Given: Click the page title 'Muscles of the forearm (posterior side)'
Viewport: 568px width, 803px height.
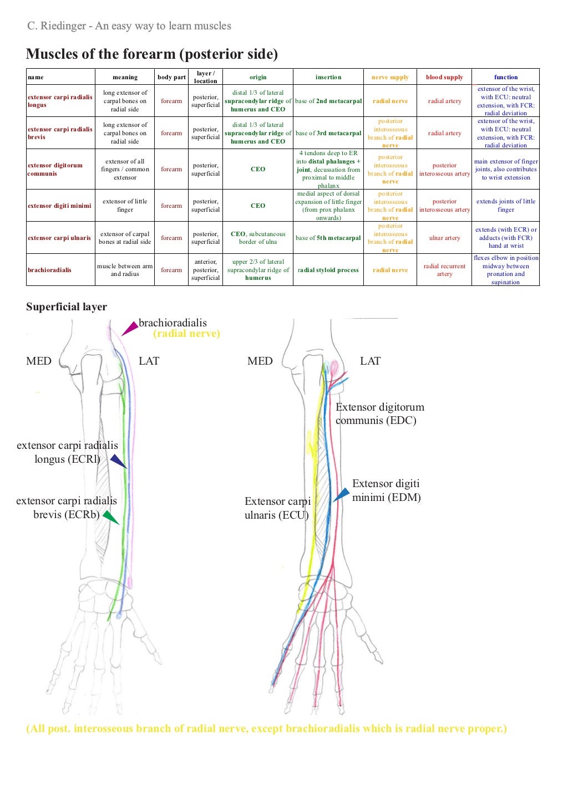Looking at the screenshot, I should click(151, 54).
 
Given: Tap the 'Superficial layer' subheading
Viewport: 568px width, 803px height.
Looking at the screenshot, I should click(67, 307).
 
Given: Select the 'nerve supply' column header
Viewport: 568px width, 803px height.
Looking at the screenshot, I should click(390, 77).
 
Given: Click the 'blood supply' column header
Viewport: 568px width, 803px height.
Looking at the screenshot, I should click(444, 77).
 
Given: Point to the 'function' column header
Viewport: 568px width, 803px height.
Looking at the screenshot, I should click(505, 77).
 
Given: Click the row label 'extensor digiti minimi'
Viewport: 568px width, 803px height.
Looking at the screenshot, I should click(59, 206).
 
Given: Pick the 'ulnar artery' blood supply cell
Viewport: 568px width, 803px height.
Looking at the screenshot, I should click(444, 238).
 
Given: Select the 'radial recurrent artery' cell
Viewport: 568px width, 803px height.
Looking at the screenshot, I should click(444, 270).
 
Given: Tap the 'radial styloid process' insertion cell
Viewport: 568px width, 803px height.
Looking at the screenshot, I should click(328, 270).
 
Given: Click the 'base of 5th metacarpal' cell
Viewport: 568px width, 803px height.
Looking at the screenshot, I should click(328, 238).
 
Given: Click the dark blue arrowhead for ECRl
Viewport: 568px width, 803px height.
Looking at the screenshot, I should click(118, 461).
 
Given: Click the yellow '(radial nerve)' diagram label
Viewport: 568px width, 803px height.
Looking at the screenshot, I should click(186, 334).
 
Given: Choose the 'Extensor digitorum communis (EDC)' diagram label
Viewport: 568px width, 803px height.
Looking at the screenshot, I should click(379, 413).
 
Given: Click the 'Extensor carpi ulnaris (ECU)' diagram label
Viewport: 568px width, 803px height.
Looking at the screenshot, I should click(277, 508).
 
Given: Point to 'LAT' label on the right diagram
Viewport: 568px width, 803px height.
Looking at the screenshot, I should click(370, 361).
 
